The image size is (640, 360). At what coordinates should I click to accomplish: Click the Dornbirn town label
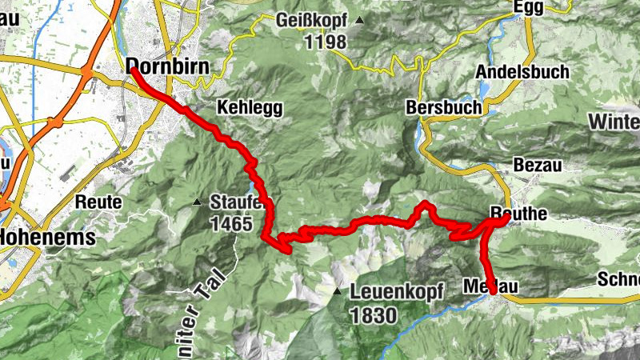click(168, 66)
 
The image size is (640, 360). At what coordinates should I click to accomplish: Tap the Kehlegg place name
click(249, 109)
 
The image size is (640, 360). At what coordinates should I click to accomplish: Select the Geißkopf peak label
click(311, 20)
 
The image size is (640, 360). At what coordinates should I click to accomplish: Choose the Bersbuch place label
click(444, 106)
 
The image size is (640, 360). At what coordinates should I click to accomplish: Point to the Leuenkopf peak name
click(397, 293)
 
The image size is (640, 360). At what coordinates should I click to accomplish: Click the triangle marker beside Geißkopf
click(361, 21)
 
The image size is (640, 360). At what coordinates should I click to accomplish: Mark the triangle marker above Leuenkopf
click(338, 291)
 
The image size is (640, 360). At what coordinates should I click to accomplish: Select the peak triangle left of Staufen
click(198, 202)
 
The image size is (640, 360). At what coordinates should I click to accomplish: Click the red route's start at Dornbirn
click(133, 70)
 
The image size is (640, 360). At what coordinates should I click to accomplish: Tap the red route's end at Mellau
click(492, 292)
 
